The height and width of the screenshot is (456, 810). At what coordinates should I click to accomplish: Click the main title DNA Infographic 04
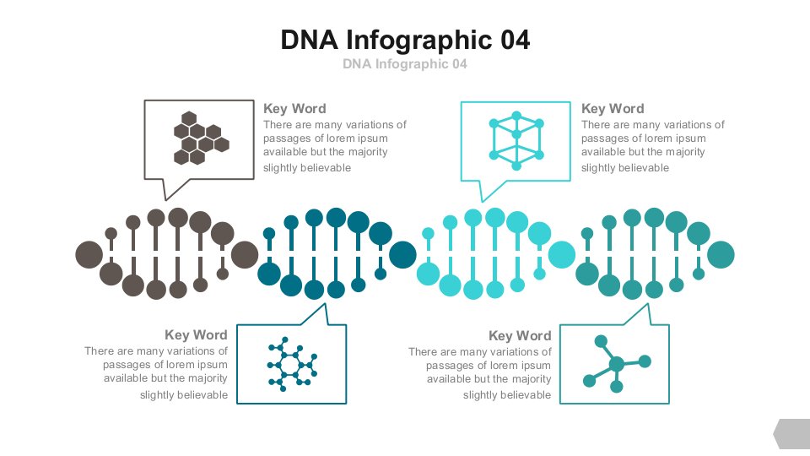(x=405, y=40)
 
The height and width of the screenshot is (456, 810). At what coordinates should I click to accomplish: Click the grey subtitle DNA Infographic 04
(x=405, y=63)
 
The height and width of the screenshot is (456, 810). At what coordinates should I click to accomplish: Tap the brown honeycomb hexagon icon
(x=201, y=138)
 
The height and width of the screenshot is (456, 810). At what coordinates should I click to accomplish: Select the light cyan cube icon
(x=516, y=141)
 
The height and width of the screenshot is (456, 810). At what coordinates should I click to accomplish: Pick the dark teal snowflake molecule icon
(x=292, y=364)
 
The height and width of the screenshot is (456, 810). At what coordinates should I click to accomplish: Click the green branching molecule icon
(x=617, y=364)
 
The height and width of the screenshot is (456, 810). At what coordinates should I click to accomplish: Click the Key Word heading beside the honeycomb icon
(x=294, y=109)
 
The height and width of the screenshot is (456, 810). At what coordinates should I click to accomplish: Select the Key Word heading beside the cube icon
(x=613, y=109)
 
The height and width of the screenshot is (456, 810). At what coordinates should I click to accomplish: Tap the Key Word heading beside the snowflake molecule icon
(x=196, y=335)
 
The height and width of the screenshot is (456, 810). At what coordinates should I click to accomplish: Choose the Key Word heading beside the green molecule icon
(x=520, y=336)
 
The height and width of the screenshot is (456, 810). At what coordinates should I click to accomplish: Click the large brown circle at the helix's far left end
(x=89, y=254)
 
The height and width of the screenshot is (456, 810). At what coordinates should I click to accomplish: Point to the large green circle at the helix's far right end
(x=720, y=254)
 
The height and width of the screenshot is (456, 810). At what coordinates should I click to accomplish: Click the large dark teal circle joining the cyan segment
(x=402, y=254)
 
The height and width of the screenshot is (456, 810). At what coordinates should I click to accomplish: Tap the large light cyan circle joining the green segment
(x=562, y=254)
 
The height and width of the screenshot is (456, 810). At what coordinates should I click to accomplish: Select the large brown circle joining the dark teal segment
(x=245, y=254)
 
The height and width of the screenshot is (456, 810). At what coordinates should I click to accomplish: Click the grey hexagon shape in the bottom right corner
(x=792, y=434)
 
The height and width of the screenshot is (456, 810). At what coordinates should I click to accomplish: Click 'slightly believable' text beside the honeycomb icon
(x=307, y=167)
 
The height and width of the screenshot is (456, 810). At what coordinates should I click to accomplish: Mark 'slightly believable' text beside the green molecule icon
(x=507, y=395)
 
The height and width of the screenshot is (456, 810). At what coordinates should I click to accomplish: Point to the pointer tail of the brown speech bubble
(x=166, y=199)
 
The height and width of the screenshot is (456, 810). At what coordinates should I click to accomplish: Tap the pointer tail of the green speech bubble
(x=647, y=305)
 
